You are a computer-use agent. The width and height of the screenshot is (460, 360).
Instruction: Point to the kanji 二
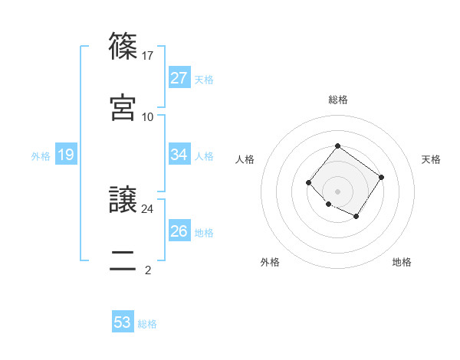(x=123, y=259)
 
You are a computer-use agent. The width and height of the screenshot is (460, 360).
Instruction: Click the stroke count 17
(x=148, y=56)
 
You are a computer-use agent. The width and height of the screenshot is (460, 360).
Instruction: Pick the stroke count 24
(x=148, y=208)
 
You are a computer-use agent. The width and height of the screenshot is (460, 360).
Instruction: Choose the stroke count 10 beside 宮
(x=148, y=116)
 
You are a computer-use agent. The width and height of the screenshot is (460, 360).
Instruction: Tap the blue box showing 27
(x=179, y=78)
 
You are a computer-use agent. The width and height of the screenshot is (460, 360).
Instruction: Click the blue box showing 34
(x=179, y=155)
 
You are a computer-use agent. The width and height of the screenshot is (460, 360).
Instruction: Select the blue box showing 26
(x=179, y=231)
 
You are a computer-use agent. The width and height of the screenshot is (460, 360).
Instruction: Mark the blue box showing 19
(x=65, y=155)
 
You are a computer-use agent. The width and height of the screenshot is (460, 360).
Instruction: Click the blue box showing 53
(x=123, y=322)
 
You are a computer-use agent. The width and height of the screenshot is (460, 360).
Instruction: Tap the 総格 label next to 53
(x=147, y=324)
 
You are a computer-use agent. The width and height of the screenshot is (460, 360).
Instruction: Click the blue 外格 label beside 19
(x=41, y=156)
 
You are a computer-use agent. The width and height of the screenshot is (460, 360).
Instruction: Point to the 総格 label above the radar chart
(x=337, y=100)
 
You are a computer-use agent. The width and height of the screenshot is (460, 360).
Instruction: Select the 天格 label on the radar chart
(x=432, y=159)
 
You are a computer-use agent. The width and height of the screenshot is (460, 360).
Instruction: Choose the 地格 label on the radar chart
(x=402, y=262)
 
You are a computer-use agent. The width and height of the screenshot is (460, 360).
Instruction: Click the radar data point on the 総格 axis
(x=337, y=146)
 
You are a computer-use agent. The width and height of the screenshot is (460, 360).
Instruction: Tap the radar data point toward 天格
(x=381, y=177)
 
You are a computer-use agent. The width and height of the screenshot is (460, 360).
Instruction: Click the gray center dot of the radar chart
(x=337, y=191)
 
